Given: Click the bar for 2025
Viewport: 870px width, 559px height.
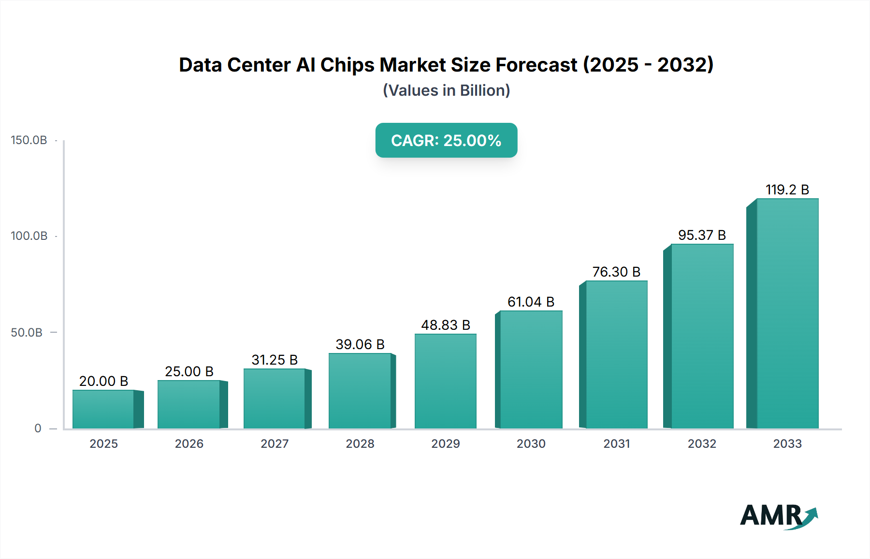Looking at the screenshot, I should point(103,409).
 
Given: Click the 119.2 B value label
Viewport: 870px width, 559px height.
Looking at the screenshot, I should point(787,190).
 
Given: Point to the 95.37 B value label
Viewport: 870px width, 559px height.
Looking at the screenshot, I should point(702,235).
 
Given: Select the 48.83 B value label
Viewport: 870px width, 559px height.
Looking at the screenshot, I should point(445,325).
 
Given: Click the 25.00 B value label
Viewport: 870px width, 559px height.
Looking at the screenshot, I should point(189,371).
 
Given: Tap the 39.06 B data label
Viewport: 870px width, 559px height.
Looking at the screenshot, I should point(360,344).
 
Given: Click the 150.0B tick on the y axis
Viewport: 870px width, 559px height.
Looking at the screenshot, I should point(29,140).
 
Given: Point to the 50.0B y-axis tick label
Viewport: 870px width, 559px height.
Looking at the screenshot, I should point(27,333).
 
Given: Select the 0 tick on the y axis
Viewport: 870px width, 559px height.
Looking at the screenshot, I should point(38,428).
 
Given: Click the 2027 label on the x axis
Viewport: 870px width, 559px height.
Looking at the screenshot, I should point(275,444).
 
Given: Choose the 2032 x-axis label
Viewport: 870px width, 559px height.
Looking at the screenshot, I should point(702,444).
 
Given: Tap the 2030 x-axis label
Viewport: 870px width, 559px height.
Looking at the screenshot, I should point(531,444).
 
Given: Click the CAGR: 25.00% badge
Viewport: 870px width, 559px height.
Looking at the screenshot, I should point(446,140).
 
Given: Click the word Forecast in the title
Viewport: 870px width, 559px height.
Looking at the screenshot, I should point(536,65).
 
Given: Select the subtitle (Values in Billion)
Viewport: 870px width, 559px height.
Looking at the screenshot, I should point(446,90).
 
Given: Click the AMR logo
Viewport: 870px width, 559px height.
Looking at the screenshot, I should point(778,516).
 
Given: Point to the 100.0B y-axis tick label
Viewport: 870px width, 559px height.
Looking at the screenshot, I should point(29,236).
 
